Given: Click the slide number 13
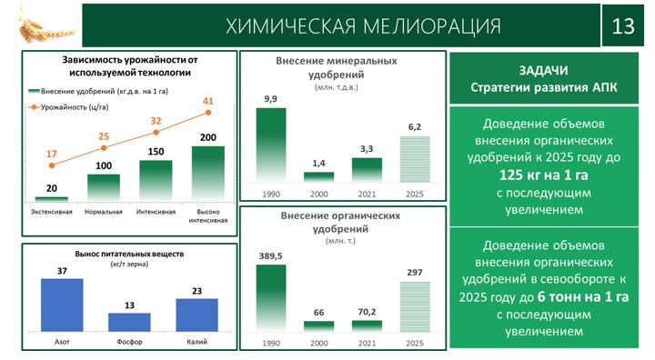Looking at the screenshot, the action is point(623,25).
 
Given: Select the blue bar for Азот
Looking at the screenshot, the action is point(62,305).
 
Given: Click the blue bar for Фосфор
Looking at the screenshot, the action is point(129,322).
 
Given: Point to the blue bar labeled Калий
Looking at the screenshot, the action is point(196,315).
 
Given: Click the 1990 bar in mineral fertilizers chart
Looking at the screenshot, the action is point(271,145).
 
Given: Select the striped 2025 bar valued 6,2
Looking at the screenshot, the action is point(415,159).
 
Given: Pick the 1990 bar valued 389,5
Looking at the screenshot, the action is point(271,298).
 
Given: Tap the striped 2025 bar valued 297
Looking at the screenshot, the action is point(415,306).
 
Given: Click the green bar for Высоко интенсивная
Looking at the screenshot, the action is point(208,174).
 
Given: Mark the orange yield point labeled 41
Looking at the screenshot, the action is point(208,113).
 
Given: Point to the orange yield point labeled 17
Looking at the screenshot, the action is point(51,165).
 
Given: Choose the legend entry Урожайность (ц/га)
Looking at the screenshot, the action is point(68,107).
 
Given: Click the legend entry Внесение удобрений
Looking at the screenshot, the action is point(98,91).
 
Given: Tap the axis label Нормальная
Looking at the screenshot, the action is point(103,212).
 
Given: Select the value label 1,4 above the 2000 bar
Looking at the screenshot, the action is point(318,164).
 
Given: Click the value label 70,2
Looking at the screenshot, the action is point(367,312).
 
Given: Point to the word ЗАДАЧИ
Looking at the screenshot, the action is point(543,70).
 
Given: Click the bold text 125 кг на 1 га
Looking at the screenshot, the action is point(543,175).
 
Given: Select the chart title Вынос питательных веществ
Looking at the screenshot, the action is point(129,254).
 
